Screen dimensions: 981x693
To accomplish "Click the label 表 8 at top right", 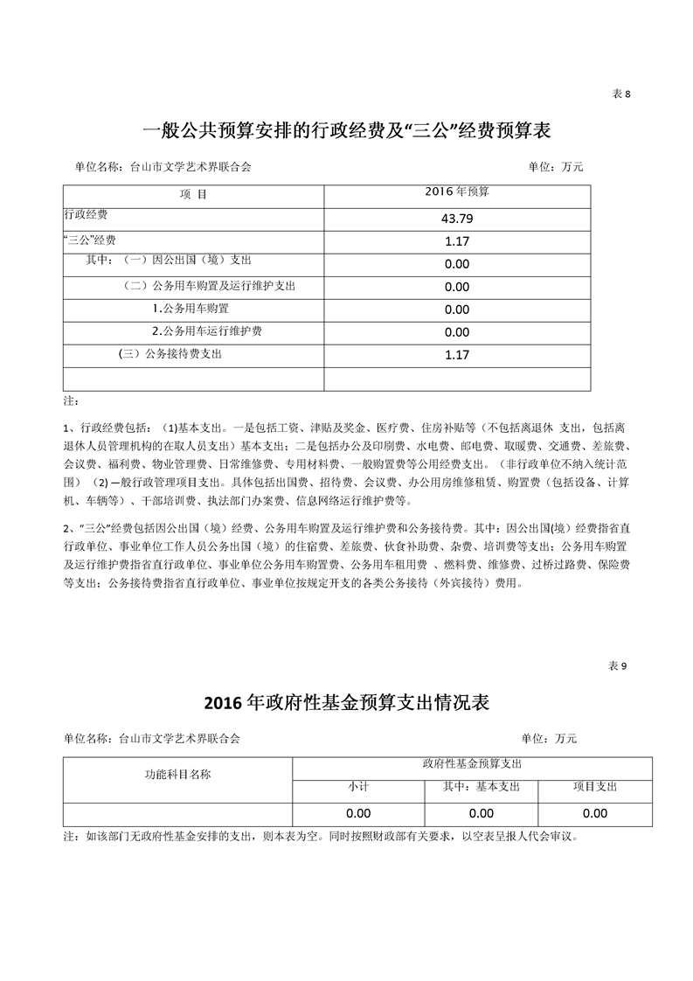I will (x=620, y=94).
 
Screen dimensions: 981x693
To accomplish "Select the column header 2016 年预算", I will (x=456, y=191).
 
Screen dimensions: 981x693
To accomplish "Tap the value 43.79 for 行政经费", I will (x=457, y=218).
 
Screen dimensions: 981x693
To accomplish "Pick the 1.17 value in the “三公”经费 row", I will (x=457, y=240).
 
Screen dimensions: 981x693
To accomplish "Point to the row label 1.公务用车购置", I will (x=190, y=308).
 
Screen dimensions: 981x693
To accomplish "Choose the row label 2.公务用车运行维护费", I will (x=207, y=330).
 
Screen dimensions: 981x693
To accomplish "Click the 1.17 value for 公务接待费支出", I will (x=457, y=354).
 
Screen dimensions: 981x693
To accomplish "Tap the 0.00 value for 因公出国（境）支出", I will (x=457, y=263).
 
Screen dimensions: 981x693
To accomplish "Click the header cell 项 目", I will (x=193, y=194).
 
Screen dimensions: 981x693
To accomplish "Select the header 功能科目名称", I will (x=177, y=774).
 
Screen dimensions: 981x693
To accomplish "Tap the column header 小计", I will (x=358, y=787).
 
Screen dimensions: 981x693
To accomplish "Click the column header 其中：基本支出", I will (x=481, y=787).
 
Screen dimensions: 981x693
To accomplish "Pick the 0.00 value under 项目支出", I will (x=594, y=813).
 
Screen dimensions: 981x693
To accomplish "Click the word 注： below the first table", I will (x=71, y=401).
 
